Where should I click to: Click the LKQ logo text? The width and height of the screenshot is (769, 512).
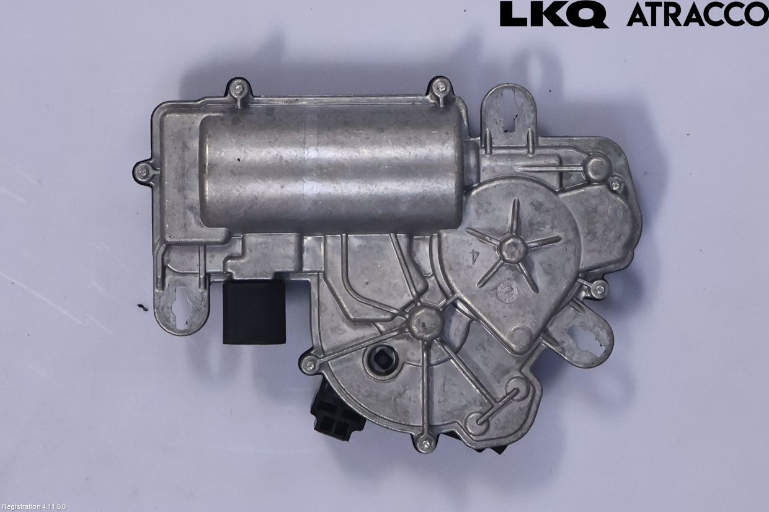[553, 14]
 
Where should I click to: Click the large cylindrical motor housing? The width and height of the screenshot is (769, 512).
[332, 167]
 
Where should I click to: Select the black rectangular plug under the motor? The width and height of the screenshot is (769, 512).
[253, 312]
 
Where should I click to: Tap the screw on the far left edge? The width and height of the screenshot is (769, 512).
[143, 170]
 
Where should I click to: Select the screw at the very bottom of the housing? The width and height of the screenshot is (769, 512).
[425, 443]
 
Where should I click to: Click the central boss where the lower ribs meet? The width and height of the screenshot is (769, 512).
[424, 320]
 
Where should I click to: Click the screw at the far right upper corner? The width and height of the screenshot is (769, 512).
[615, 183]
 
